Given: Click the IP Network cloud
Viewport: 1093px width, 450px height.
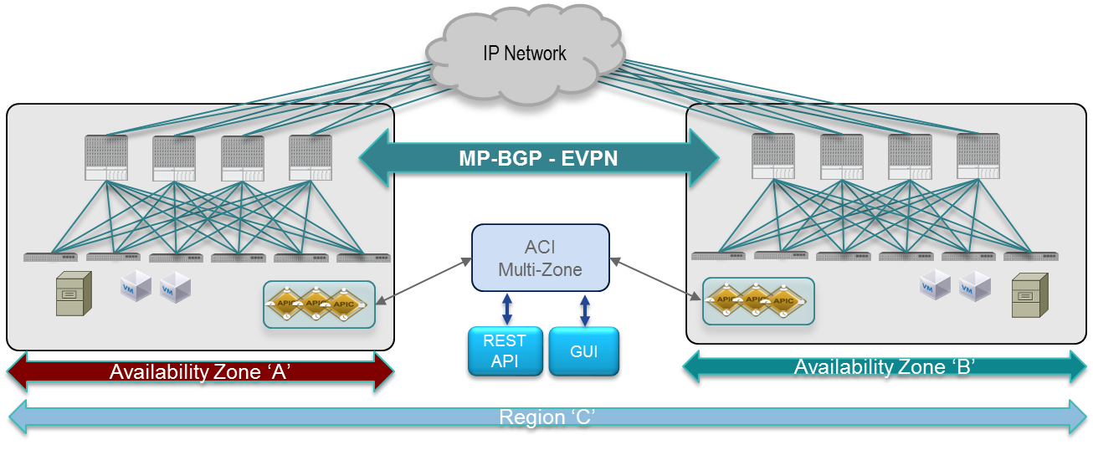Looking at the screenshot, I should (x=525, y=54).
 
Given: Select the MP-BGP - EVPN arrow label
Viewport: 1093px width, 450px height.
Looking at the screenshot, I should (x=538, y=157).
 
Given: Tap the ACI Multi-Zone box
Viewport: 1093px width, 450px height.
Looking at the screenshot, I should (x=541, y=258).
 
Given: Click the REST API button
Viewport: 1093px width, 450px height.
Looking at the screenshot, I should (x=505, y=350).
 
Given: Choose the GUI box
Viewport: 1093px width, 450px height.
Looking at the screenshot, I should (x=583, y=350).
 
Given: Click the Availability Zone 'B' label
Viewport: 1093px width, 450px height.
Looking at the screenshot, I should (x=885, y=366).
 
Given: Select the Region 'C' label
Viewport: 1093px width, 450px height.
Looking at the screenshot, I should (x=546, y=417).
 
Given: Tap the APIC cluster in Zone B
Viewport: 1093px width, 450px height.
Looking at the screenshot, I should (x=758, y=301).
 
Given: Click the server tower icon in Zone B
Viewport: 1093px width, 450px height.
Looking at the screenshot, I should (x=1029, y=295).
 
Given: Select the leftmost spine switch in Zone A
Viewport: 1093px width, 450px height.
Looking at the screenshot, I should (x=106, y=158).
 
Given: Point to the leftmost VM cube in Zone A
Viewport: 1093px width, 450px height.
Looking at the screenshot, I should (x=136, y=286).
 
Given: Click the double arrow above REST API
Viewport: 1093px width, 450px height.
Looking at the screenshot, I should (x=506, y=309).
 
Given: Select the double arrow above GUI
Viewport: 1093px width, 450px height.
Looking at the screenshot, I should (x=585, y=309).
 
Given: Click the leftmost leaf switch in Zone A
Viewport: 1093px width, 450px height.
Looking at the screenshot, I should (x=50, y=257).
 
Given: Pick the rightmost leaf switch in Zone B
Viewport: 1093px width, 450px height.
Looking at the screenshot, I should (x=1031, y=255).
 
